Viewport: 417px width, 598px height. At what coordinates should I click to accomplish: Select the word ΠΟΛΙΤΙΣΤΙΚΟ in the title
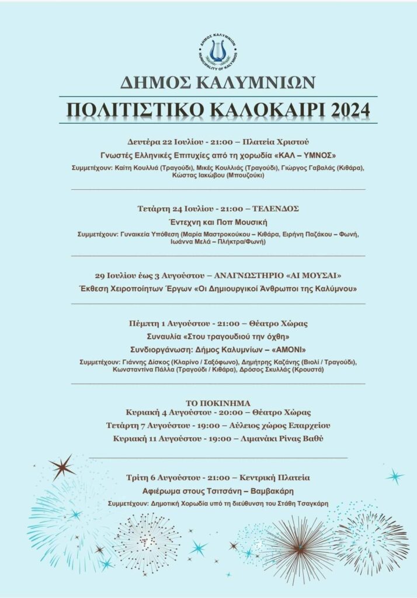pyautogui.click(x=130, y=110)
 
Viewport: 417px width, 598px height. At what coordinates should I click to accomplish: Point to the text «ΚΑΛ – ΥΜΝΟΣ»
pyautogui.click(x=309, y=155)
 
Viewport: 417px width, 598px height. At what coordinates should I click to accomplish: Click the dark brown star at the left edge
pyautogui.click(x=61, y=467)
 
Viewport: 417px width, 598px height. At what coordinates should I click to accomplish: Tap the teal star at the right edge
pyautogui.click(x=394, y=476)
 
